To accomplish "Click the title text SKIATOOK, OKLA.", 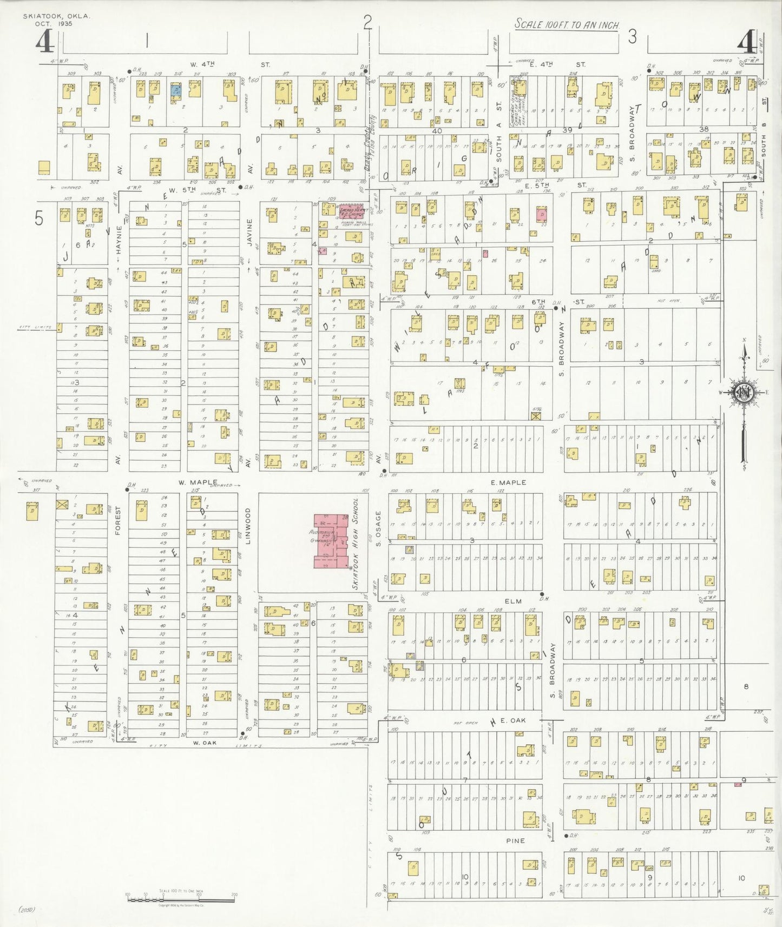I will click(x=56, y=17).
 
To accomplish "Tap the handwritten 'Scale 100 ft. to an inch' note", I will click(x=567, y=24).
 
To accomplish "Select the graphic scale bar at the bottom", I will click(x=181, y=898).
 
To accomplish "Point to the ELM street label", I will click(x=512, y=601).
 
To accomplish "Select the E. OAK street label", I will click(x=513, y=720).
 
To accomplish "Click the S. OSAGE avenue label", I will click(x=379, y=528).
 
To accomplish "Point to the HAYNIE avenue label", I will click(x=119, y=240).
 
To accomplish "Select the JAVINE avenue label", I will click(x=249, y=233).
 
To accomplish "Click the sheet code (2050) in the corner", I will click(x=27, y=910).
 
